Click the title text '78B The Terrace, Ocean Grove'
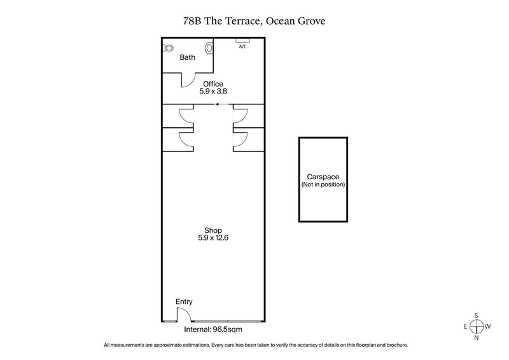coord(254,21)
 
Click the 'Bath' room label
coord(187,57)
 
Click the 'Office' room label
coord(213,83)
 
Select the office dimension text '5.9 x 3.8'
coord(213,92)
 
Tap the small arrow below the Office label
coord(220,104)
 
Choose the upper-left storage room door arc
coord(186,116)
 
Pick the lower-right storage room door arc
coord(239,140)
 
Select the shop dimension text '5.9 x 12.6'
coord(213,238)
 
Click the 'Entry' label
coord(184,301)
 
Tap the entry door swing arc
coord(183,314)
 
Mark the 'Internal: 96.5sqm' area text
coord(213,329)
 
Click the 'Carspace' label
coord(323,177)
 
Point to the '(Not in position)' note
coord(323,184)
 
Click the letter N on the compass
coord(477,338)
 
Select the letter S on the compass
coord(477,315)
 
